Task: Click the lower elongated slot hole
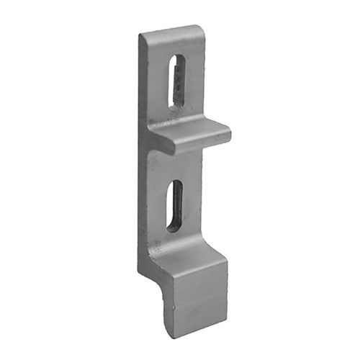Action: pyautogui.click(x=175, y=205)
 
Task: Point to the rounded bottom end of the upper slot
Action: pyautogui.click(x=174, y=104)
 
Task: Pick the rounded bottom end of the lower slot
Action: pyautogui.click(x=172, y=228)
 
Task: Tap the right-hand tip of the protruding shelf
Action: pyautogui.click(x=228, y=134)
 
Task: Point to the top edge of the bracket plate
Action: pyautogui.click(x=173, y=30)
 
